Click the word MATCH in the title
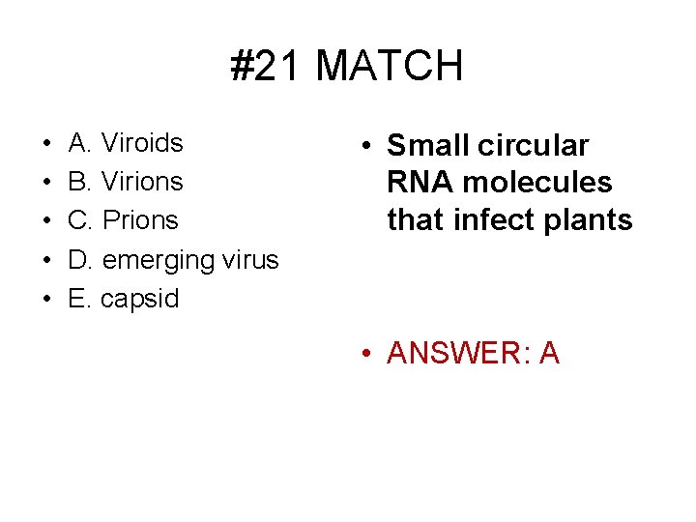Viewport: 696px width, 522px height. [390, 67]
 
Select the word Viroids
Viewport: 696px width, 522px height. [142, 143]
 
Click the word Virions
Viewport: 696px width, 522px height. [142, 182]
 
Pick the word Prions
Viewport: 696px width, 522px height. [140, 220]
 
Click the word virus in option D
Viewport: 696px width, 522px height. [249, 259]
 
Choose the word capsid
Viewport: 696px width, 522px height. [140, 299]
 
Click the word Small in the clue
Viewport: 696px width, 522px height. [428, 146]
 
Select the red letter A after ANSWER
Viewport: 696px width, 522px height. [549, 354]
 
